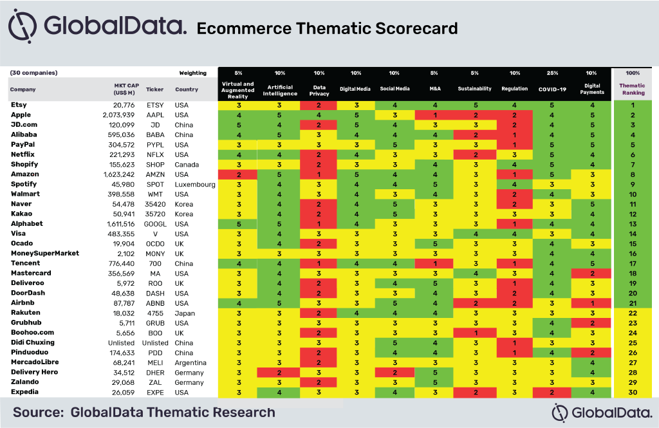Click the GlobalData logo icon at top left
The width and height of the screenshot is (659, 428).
tap(23, 26)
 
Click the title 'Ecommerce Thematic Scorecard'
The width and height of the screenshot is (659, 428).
tap(327, 28)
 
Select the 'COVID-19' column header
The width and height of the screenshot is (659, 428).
tap(552, 89)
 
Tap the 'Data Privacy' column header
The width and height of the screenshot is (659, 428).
tap(319, 90)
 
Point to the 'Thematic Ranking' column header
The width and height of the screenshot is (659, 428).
tap(632, 89)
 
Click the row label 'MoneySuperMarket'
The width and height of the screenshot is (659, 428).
tap(45, 253)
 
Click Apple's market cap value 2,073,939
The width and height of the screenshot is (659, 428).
tap(118, 115)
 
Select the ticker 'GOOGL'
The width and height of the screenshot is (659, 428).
tap(155, 224)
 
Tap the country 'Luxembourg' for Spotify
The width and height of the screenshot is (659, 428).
tap(195, 185)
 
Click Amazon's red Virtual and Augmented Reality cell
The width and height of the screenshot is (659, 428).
tap(238, 174)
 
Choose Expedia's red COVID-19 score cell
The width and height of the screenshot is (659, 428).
tap(552, 393)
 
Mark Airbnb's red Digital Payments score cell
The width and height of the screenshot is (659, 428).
tap(591, 303)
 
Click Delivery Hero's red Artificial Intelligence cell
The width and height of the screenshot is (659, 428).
tap(279, 373)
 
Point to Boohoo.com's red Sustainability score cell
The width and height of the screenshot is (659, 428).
tap(474, 333)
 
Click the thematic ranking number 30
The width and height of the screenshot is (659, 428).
tap(633, 393)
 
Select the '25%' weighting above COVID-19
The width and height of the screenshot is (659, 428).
tap(552, 73)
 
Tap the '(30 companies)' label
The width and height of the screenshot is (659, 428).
tap(33, 73)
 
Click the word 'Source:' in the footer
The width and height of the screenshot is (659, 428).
tap(38, 413)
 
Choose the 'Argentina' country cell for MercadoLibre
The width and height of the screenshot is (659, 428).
tap(190, 363)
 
